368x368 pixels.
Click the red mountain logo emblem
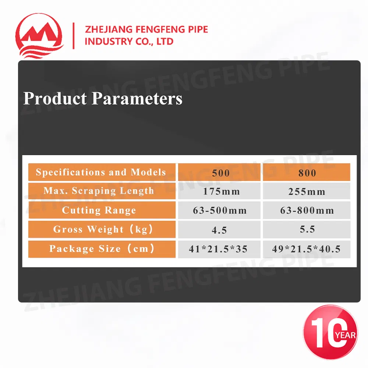39,36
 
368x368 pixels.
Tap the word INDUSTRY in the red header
105,42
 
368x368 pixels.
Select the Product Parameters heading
103,98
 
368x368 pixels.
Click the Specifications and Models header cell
102,172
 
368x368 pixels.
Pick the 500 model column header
219,172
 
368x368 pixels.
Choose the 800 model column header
307,172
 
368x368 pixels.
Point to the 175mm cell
219,191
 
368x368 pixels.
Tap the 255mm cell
307,191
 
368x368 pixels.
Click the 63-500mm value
219,210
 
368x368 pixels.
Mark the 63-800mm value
307,210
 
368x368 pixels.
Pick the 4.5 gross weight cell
219,230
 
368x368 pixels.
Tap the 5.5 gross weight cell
307,229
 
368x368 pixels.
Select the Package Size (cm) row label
102,249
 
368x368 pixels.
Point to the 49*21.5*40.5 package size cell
307,249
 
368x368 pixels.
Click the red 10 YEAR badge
330,332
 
